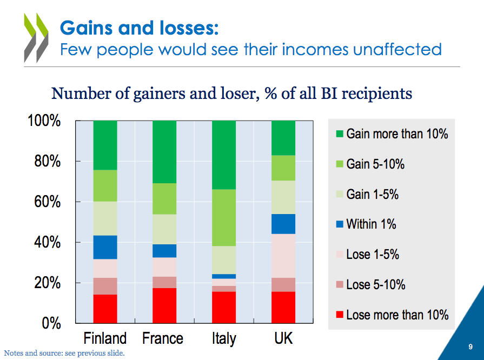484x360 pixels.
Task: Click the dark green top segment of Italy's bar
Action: click(224, 155)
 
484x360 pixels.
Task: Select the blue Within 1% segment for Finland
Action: click(105, 248)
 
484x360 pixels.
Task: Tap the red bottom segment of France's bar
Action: click(164, 305)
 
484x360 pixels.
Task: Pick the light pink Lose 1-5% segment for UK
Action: click(283, 256)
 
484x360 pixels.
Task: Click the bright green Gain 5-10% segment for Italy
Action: click(224, 218)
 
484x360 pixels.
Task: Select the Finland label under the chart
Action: click(105, 339)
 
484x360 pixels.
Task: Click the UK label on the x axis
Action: click(283, 339)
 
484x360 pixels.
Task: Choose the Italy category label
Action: click(224, 339)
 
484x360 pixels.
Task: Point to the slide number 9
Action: click(470, 346)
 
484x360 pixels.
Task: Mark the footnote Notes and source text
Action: click(64, 354)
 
